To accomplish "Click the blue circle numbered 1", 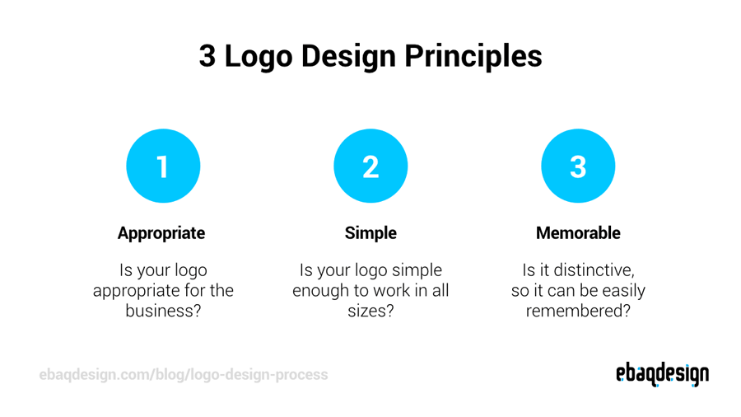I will [163, 166].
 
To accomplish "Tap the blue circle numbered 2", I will [370, 166].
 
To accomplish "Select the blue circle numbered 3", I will [578, 166].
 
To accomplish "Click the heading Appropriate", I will [161, 233].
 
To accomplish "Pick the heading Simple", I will [370, 233].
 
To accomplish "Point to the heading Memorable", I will [578, 233].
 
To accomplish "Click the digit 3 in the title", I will [207, 56].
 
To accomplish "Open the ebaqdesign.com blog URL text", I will [183, 374].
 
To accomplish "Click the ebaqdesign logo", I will [662, 374].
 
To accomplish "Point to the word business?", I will [163, 312].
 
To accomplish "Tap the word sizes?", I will [370, 312].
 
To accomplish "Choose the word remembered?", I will [578, 312].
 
